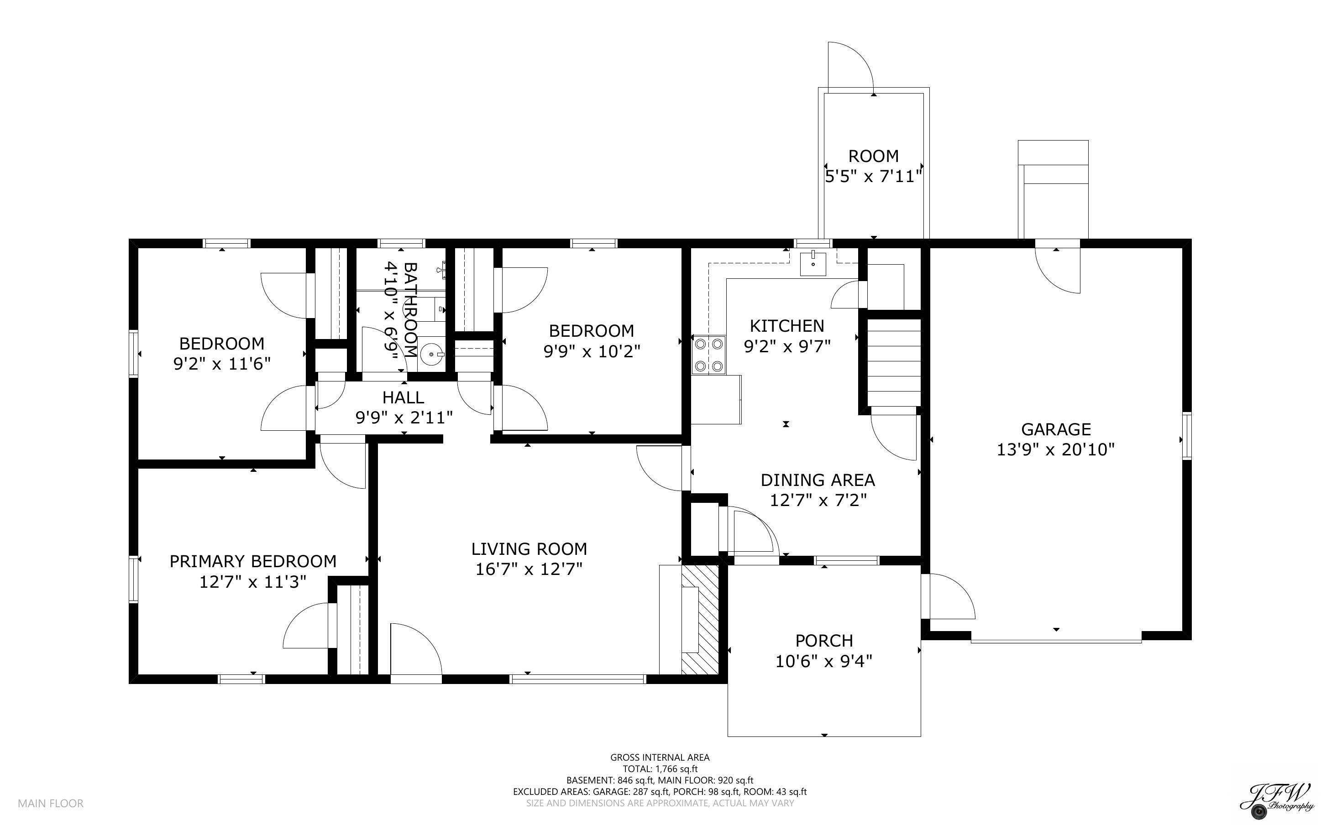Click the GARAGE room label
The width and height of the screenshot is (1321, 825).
pyautogui.click(x=1055, y=429)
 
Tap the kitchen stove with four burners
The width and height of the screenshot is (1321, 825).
pyautogui.click(x=709, y=355)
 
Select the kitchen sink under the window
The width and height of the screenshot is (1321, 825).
pyautogui.click(x=813, y=264)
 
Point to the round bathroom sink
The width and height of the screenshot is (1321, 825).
pyautogui.click(x=432, y=354)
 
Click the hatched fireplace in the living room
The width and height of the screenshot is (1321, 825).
pyautogui.click(x=700, y=619)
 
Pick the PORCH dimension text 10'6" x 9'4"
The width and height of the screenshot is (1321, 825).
pyautogui.click(x=824, y=661)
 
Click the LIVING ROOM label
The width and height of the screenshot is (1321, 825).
pyautogui.click(x=529, y=549)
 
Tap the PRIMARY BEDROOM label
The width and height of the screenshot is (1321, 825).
pyautogui.click(x=252, y=561)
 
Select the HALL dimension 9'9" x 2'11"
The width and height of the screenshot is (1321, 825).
pyautogui.click(x=404, y=418)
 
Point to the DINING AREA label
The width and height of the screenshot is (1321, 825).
pyautogui.click(x=818, y=480)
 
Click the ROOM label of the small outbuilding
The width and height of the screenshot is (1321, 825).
pyautogui.click(x=873, y=157)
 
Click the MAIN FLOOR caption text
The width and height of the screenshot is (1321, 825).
pyautogui.click(x=51, y=803)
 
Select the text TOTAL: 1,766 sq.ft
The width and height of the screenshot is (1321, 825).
pyautogui.click(x=660, y=769)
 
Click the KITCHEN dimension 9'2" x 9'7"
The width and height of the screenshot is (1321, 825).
pyautogui.click(x=787, y=346)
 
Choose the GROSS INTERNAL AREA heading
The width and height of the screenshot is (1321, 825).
pyautogui.click(x=660, y=757)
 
